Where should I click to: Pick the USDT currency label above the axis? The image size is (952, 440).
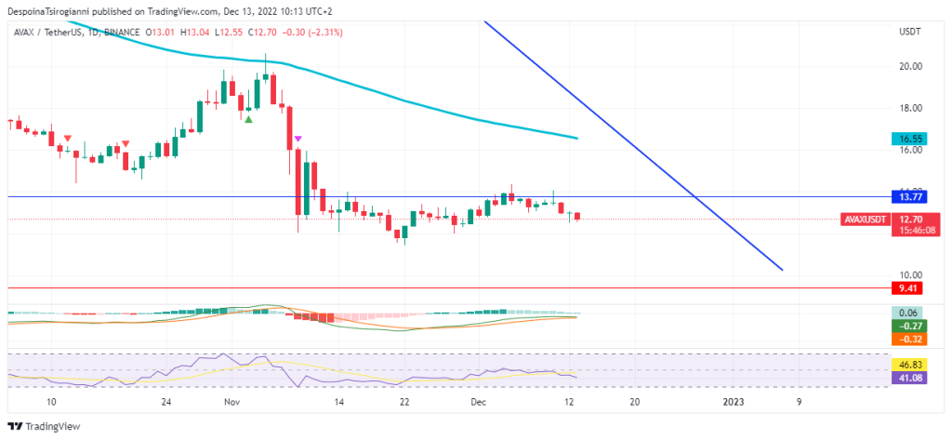click(910, 32)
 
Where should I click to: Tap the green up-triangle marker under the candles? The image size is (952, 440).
click(248, 119)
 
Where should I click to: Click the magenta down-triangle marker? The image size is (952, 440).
click(297, 139)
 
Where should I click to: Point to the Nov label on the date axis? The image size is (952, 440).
click(232, 402)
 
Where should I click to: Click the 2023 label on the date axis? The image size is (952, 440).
click(734, 402)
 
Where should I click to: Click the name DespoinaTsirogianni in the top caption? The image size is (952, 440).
click(51, 11)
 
